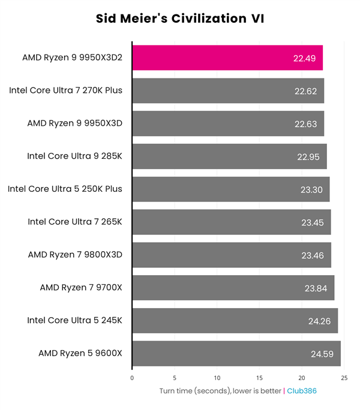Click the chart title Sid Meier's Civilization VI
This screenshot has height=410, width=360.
[x=180, y=19]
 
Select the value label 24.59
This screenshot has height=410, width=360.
[x=322, y=354]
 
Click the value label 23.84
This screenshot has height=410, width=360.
[x=316, y=288]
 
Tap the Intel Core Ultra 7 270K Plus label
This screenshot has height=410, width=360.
[x=65, y=91]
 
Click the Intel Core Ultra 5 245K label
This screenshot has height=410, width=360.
[x=74, y=321]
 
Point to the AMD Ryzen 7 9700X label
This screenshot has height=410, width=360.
[x=80, y=288]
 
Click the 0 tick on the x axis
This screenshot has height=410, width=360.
[x=132, y=378]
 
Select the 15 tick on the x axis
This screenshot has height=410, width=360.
[x=259, y=378]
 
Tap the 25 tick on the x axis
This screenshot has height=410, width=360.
[x=344, y=378]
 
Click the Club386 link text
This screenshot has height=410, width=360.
[x=301, y=391]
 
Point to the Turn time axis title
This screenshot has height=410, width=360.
[x=220, y=391]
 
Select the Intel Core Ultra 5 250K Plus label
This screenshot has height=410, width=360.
[x=65, y=189]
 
